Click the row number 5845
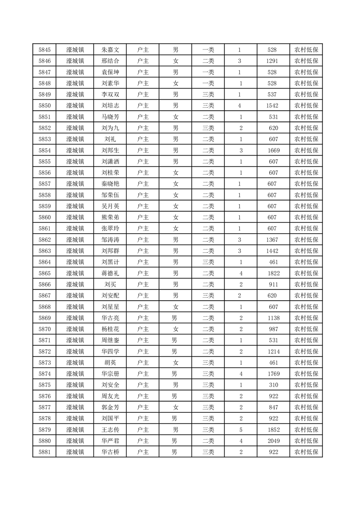44,50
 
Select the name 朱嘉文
110,50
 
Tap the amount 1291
272,61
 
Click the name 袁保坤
110,72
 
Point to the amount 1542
273,106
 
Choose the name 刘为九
110,128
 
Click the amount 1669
273,150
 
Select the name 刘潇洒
110,162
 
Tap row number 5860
44,217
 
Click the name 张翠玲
110,228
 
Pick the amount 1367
272,240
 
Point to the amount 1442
272,250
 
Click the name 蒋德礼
110,273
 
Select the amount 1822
273,273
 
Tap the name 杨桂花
110,329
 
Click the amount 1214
273,351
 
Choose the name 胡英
110,362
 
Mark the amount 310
273,385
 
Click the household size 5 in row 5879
241,429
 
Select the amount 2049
273,440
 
